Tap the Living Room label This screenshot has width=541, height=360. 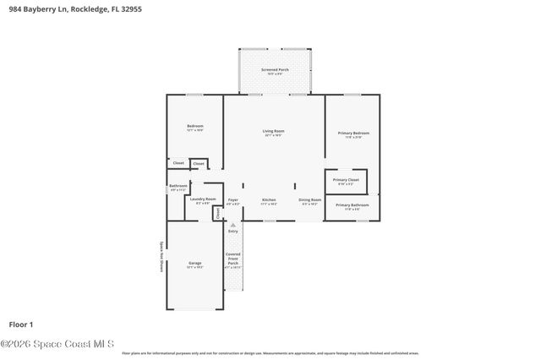[x=273, y=132]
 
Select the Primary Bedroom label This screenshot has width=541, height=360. [x=353, y=134]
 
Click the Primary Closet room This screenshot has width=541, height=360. [x=346, y=181]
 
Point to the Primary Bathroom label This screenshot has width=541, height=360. [x=352, y=205]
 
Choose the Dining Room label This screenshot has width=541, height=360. [x=309, y=201]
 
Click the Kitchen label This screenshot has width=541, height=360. [x=269, y=201]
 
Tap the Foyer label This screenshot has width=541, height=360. [x=233, y=201]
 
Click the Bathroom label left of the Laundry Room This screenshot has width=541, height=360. [x=178, y=187]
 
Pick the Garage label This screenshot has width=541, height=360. [x=194, y=265]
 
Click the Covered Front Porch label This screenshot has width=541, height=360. [x=233, y=259]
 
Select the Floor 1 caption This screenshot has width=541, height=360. [x=20, y=324]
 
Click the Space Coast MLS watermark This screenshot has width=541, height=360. [x=57, y=344]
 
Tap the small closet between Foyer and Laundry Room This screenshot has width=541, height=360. [x=217, y=213]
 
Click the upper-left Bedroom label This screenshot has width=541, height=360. [x=194, y=128]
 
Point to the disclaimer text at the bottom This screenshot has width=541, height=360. [x=270, y=353]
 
